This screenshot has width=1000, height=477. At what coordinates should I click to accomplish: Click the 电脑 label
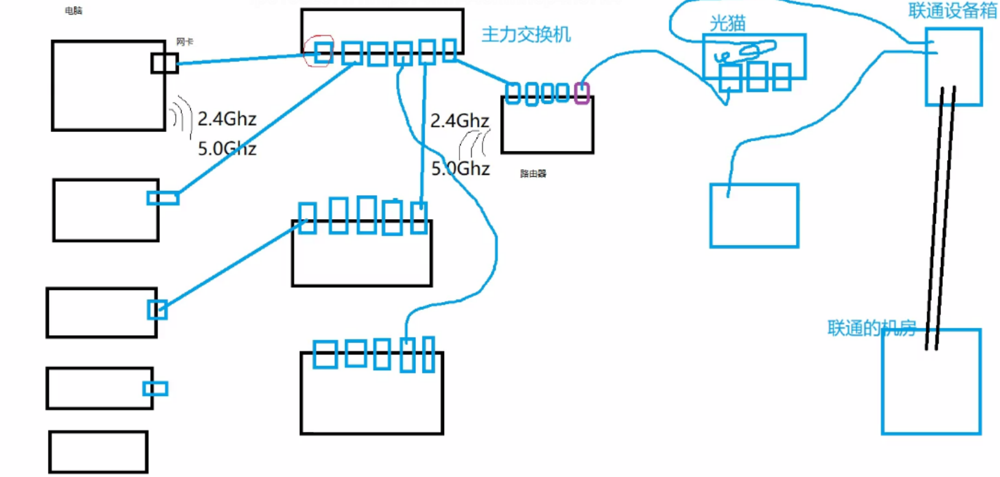73,11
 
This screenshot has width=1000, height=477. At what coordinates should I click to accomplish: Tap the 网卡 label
184,42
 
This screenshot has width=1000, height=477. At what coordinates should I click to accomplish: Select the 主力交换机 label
526,34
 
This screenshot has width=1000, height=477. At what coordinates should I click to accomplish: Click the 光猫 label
727,23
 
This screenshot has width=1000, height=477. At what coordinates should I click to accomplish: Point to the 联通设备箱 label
952,10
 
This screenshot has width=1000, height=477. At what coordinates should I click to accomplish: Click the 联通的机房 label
871,328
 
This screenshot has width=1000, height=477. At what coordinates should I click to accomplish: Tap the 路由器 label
533,174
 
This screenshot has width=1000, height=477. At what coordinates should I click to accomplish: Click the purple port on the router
582,93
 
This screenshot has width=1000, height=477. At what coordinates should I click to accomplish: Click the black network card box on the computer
165,63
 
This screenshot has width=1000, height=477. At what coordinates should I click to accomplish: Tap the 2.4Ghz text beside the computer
227,118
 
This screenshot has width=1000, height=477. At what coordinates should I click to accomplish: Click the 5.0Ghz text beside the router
460,168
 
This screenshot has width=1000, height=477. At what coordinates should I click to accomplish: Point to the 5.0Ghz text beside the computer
227,149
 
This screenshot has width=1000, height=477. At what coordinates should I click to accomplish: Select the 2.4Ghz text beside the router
459,120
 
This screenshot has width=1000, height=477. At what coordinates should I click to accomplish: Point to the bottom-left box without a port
98,452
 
